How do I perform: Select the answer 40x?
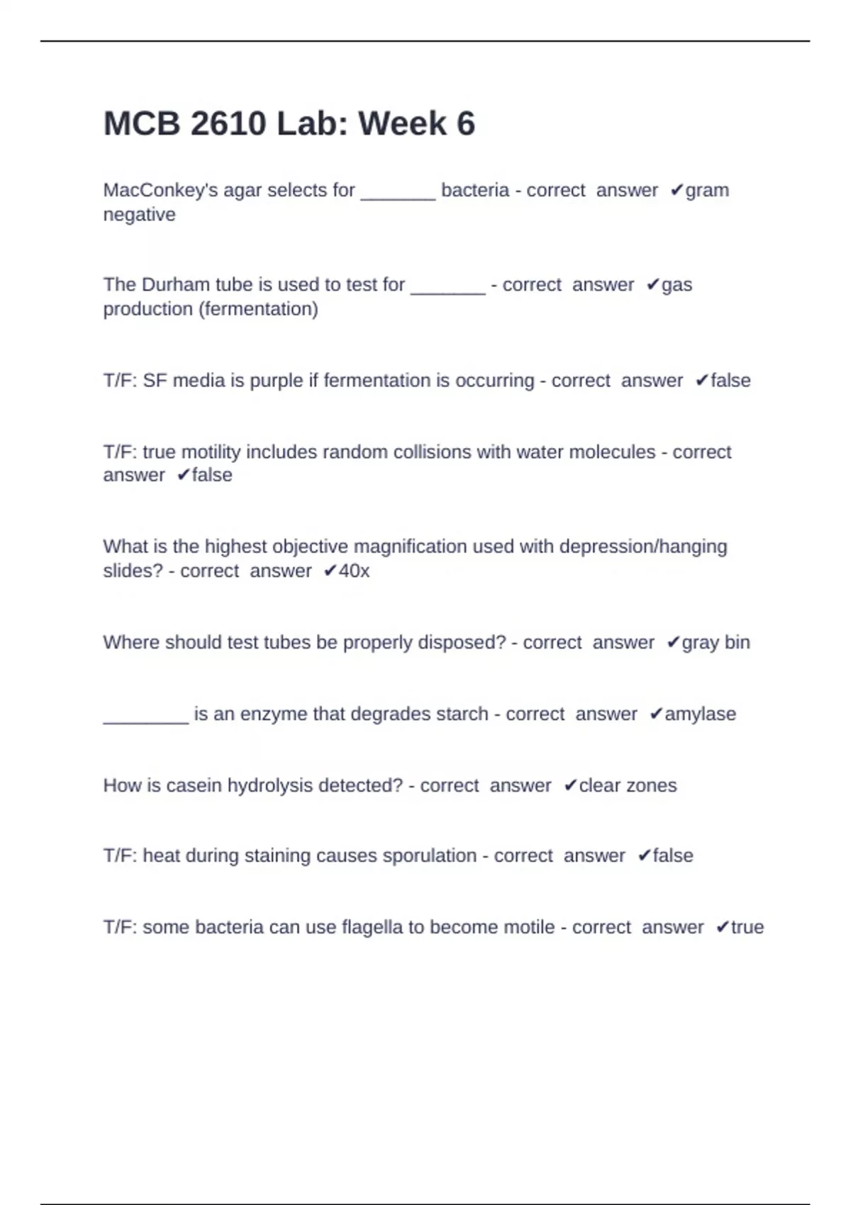coord(354,571)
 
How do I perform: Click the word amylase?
coord(700,714)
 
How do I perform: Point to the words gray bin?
coord(716,642)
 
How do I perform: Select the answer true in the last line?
coord(747,927)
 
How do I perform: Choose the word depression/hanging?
coord(643,547)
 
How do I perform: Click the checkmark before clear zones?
coord(570,785)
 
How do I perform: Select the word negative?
coord(139,214)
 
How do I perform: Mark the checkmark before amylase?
coord(656,714)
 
